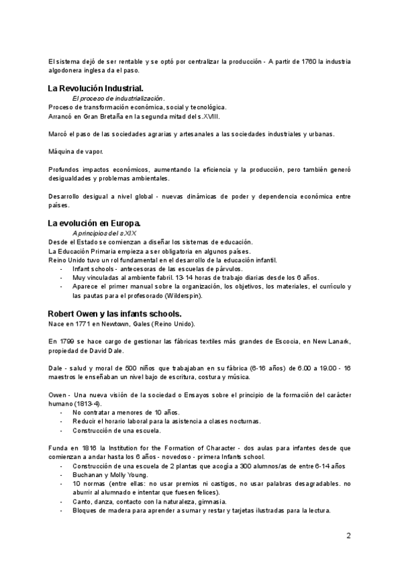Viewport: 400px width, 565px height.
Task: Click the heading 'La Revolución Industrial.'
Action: [95, 88]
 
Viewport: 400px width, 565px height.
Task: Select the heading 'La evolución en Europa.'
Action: [93, 222]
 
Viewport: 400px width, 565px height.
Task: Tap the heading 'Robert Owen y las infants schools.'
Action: [115, 313]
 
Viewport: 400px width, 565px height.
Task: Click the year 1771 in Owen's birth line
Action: [93, 324]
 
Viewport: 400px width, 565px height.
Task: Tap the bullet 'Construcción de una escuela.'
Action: [116, 430]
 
